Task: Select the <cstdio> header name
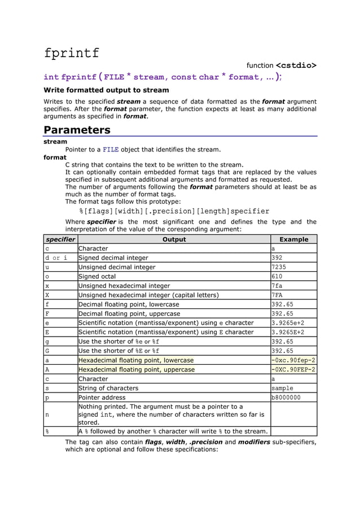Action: [296, 66]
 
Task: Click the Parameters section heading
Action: [77, 130]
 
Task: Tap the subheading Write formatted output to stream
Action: [106, 90]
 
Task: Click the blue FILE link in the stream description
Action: [111, 150]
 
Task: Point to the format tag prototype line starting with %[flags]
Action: [174, 211]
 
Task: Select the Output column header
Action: [174, 239]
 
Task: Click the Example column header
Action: [293, 239]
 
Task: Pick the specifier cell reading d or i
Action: [56, 258]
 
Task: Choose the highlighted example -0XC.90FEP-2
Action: [293, 369]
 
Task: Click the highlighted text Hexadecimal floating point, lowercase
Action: [136, 360]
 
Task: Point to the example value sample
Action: [283, 388]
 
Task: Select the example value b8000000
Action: [286, 398]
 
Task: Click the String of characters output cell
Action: [108, 388]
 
